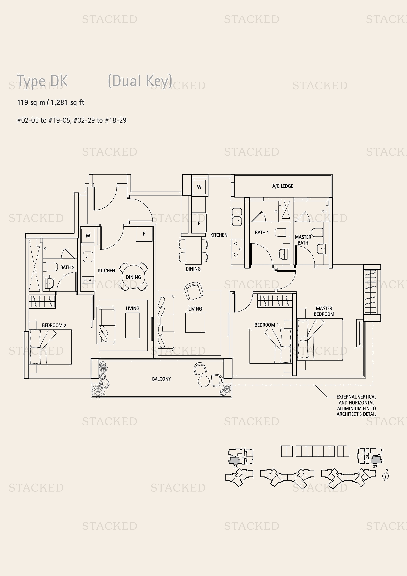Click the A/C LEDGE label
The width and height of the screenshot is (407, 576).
(283, 186)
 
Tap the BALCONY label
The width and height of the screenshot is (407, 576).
(161, 379)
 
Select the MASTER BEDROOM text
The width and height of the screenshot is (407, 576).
(324, 311)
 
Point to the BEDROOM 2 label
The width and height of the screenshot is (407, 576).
(54, 325)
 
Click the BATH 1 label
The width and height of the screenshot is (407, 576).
(262, 232)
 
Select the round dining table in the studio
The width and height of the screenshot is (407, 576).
(133, 277)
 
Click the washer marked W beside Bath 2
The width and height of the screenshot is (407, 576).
(88, 236)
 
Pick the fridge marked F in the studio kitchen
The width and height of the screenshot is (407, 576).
(144, 234)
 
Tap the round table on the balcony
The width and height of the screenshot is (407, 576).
(203, 381)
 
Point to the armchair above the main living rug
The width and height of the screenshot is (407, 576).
(193, 291)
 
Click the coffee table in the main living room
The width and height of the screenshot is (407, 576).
(195, 323)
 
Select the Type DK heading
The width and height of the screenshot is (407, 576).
(42, 81)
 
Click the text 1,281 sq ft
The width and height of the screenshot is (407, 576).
(68, 103)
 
